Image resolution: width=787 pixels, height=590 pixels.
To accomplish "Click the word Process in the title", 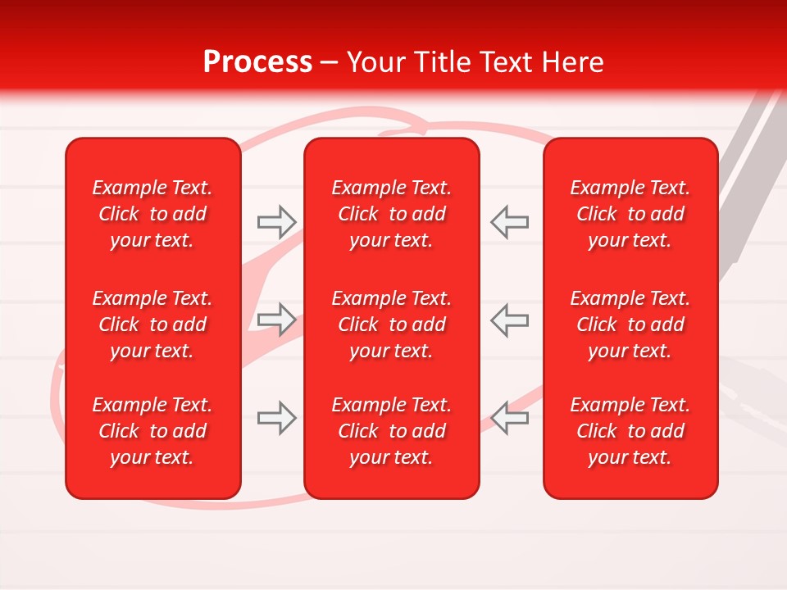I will tap(257, 62).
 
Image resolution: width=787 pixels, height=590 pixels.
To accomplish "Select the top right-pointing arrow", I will tap(276, 221).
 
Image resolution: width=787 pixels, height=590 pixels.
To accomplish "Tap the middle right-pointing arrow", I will tap(276, 319).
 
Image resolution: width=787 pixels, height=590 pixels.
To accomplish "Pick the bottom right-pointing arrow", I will tap(276, 418).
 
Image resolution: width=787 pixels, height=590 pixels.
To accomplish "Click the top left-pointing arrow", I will tap(510, 221).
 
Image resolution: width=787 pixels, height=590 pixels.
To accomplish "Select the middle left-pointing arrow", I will tap(510, 319).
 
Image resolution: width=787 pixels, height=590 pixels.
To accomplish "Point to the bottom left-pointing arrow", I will tap(510, 418).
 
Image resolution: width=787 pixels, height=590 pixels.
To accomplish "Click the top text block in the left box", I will tap(152, 214).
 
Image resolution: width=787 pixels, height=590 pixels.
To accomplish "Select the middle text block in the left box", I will tap(152, 324).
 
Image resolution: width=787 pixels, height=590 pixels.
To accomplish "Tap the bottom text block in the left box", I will tap(152, 431).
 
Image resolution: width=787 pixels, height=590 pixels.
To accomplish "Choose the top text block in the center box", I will tap(391, 214).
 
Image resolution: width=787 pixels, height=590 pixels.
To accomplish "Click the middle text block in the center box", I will tap(391, 324).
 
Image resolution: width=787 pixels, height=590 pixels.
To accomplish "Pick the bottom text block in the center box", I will tap(391, 431).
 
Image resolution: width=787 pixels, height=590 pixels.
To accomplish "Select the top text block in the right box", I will tap(630, 214).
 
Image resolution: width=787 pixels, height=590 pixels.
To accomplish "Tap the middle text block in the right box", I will tap(630, 324).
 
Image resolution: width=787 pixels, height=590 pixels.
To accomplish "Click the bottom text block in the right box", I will tap(630, 431).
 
